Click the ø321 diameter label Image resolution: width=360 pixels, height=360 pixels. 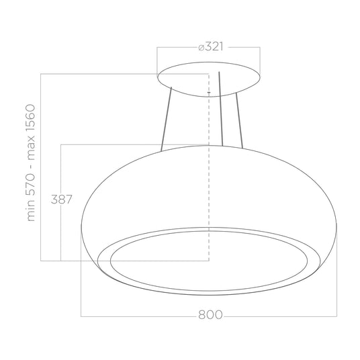[210, 47]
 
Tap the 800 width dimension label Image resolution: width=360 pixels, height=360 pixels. [210, 315]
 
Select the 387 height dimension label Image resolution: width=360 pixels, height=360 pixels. [61, 199]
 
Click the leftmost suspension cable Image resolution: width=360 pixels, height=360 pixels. [167, 119]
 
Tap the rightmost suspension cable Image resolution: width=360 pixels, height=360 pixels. [239, 120]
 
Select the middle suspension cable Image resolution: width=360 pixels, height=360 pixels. [221, 109]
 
